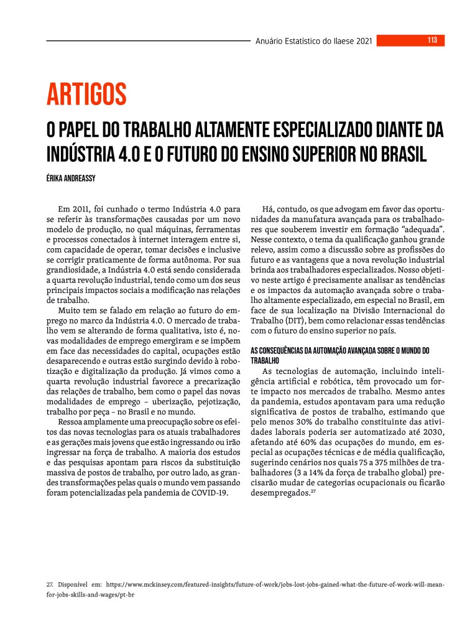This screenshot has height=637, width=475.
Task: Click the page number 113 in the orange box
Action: (x=432, y=40)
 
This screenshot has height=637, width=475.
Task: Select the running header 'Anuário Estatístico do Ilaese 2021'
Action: (x=314, y=41)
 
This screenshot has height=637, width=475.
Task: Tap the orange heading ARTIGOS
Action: (x=86, y=95)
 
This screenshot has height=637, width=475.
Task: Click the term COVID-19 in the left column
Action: (x=210, y=476)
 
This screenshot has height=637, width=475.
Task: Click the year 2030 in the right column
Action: (x=431, y=432)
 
